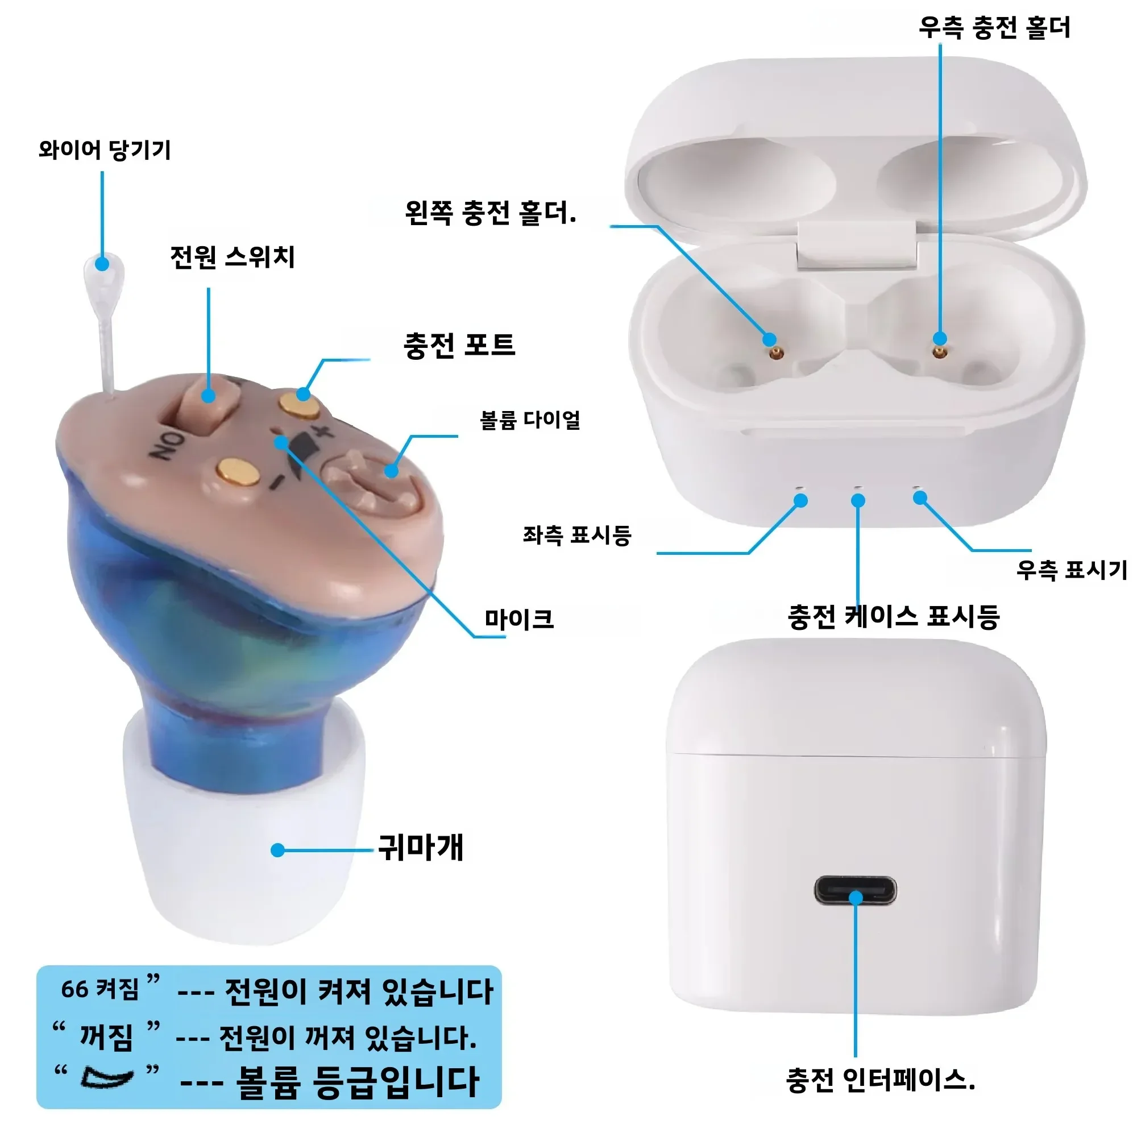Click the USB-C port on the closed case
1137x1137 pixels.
click(x=855, y=891)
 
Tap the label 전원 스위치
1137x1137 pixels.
click(x=233, y=257)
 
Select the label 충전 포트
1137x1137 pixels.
click(x=459, y=345)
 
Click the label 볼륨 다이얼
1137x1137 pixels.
click(x=530, y=420)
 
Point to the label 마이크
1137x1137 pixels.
click(x=519, y=619)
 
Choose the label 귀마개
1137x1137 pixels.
click(x=421, y=848)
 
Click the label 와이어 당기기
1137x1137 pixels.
click(x=105, y=150)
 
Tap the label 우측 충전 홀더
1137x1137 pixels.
click(x=994, y=28)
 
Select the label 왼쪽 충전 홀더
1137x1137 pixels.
click(x=490, y=213)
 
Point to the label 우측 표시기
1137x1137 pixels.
click(x=1072, y=570)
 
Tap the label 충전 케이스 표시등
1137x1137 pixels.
click(x=894, y=617)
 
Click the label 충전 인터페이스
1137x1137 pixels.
click(x=881, y=1080)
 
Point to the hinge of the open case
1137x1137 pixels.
click(x=857, y=246)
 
